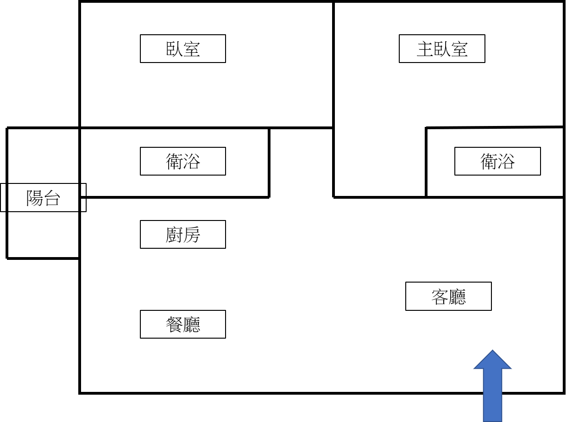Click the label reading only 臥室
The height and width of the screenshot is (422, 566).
[x=183, y=49]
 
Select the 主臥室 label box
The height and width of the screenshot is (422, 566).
[x=442, y=49]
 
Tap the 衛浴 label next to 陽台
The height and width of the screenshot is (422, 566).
[x=183, y=161]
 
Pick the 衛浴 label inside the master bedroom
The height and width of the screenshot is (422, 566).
[x=497, y=161]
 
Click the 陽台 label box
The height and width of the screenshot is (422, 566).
[x=44, y=198]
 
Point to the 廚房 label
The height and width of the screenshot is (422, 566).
[x=183, y=234]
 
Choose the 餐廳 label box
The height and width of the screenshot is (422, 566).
[x=183, y=324]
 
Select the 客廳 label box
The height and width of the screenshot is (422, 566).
[x=449, y=296]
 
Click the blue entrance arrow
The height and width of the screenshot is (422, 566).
[x=492, y=386]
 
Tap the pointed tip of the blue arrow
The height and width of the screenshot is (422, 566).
[x=492, y=350]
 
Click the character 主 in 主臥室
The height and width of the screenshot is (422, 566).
[x=425, y=49]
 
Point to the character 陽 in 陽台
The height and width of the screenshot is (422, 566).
[x=35, y=198]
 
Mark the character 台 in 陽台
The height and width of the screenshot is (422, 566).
[x=52, y=198]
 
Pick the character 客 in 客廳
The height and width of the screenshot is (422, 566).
[x=440, y=297]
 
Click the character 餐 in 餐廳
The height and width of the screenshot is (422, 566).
[x=174, y=325]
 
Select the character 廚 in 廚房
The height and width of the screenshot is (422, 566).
[x=174, y=234]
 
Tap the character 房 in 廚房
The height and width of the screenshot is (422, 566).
[x=192, y=234]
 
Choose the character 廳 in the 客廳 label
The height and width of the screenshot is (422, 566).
[x=457, y=297]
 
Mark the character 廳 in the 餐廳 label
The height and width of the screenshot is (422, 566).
[x=192, y=325]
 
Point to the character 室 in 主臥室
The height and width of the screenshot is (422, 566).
[x=459, y=49]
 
